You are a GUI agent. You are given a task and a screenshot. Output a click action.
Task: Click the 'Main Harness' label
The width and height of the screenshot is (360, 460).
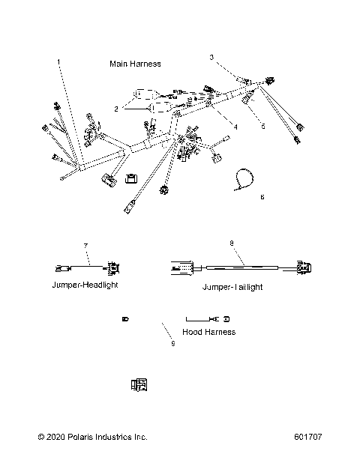point(135,64)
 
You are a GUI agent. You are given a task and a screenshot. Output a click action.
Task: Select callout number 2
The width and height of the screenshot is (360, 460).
point(116,109)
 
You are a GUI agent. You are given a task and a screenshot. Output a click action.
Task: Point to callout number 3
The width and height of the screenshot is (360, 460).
point(211,57)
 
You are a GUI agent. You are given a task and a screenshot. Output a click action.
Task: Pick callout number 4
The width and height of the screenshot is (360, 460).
point(235,127)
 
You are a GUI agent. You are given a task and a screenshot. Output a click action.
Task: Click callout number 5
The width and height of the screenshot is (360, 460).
point(262,127)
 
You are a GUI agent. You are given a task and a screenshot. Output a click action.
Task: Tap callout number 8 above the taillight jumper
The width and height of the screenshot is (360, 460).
point(231,243)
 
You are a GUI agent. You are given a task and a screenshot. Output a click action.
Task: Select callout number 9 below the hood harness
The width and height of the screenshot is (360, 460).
point(172,344)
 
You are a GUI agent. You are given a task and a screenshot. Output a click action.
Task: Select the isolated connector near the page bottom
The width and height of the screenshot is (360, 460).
point(138,385)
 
